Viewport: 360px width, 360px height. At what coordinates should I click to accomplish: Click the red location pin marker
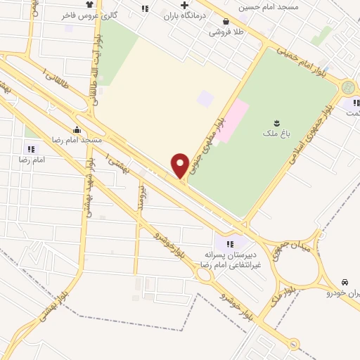coord(180,165)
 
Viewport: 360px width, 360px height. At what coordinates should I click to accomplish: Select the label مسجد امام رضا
coord(77,139)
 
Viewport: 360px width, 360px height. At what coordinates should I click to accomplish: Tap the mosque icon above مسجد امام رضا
coord(77,129)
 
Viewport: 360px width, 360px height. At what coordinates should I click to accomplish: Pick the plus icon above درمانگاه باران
coord(184,6)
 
